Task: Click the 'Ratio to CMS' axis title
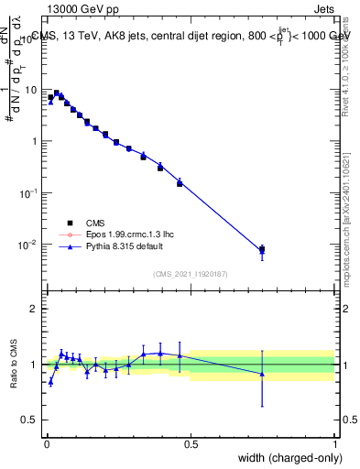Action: (x=14, y=364)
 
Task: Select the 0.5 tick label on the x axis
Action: (x=191, y=443)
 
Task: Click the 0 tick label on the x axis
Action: (x=46, y=443)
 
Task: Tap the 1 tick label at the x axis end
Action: (x=335, y=443)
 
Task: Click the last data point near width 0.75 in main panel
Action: (x=262, y=249)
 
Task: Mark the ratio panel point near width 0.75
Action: (x=262, y=374)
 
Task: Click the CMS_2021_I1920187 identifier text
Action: (x=190, y=274)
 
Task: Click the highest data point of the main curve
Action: (x=57, y=93)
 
